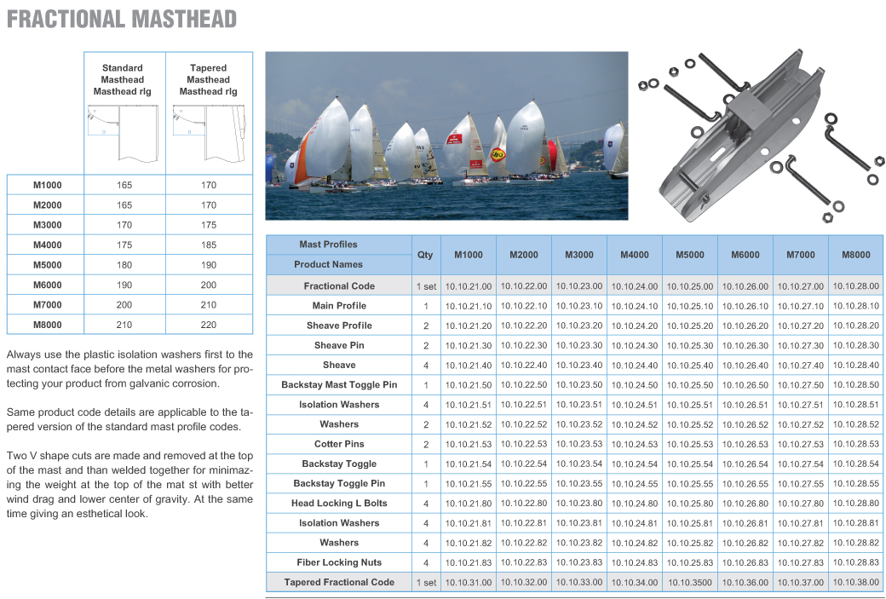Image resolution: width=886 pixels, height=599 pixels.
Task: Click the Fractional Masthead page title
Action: (x=122, y=19)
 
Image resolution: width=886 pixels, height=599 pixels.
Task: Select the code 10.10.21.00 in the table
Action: (x=468, y=286)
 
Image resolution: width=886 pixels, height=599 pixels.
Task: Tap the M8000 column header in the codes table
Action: (x=855, y=255)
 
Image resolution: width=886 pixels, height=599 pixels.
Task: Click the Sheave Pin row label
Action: (x=339, y=345)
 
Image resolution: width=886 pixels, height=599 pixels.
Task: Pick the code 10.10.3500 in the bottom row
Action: (x=689, y=583)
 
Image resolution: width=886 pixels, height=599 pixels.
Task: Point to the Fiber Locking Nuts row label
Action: (x=339, y=562)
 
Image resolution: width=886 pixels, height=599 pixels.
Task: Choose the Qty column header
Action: (x=425, y=255)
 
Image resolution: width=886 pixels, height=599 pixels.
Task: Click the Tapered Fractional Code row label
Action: (x=339, y=582)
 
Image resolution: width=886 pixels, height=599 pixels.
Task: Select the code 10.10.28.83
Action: (x=855, y=562)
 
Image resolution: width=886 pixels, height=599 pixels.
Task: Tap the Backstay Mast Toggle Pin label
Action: (x=339, y=385)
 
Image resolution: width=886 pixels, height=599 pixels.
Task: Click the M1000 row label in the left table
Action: (x=47, y=185)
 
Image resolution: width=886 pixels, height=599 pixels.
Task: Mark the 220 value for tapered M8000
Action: (x=209, y=325)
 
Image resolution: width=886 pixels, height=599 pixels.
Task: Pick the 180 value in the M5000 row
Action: (x=124, y=264)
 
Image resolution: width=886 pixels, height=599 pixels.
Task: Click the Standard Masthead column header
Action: (x=123, y=79)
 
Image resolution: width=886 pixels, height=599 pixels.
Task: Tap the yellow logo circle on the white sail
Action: (x=498, y=155)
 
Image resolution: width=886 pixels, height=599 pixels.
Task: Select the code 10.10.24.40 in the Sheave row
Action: (x=634, y=366)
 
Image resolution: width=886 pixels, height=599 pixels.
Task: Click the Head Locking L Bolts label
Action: (x=339, y=504)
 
